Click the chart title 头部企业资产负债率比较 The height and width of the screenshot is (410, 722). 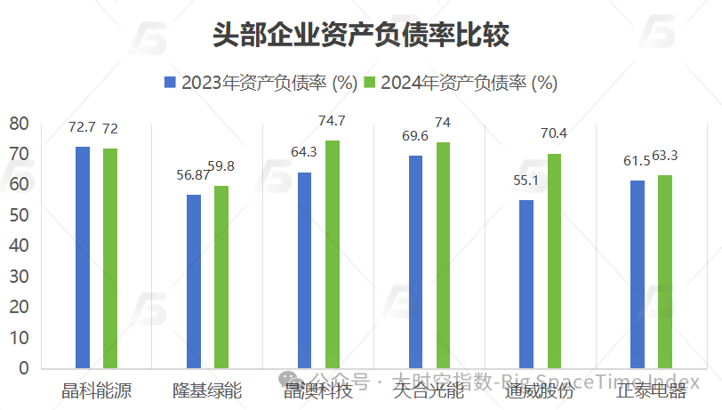[360, 34]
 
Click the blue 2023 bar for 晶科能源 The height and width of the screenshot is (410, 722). [83, 257]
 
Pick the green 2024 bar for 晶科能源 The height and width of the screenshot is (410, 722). [110, 258]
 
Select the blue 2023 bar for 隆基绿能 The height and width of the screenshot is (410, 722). [194, 281]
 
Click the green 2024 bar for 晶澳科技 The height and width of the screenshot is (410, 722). [333, 254]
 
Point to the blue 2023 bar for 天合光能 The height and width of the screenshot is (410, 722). [415, 261]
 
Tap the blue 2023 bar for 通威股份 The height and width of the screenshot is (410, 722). [526, 284]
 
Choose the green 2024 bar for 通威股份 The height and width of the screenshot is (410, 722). [554, 261]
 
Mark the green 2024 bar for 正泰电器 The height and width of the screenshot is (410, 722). [665, 271]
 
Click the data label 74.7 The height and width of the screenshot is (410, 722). [332, 122]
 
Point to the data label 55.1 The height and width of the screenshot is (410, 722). [526, 181]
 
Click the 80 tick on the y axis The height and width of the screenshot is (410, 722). [20, 124]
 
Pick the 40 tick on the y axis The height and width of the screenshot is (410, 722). [20, 245]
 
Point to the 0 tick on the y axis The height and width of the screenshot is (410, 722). [24, 367]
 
